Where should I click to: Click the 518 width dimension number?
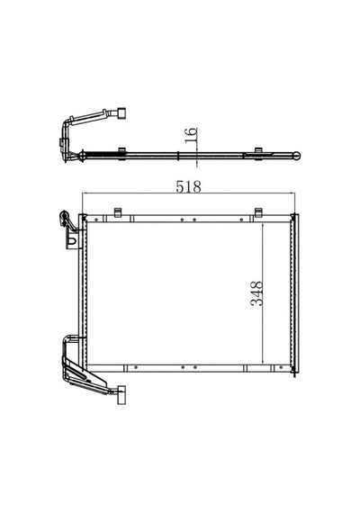[x=188, y=187]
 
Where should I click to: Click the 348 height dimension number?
[x=256, y=293]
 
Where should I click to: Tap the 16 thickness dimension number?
[x=191, y=135]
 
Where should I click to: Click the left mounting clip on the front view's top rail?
[x=118, y=212]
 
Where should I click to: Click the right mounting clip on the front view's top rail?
[x=258, y=212]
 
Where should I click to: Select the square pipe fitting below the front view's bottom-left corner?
[x=121, y=395]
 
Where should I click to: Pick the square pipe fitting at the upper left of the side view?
[x=121, y=112]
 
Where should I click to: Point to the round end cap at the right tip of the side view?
[x=297, y=156]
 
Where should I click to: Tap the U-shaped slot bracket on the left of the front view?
[x=73, y=241]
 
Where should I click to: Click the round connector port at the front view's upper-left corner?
[x=64, y=216]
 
